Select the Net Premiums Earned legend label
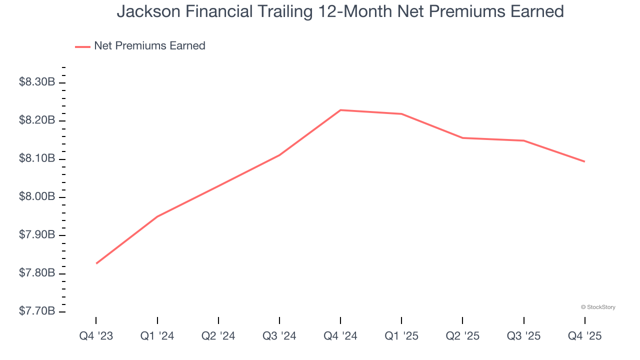[x=149, y=46]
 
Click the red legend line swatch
[x=82, y=46]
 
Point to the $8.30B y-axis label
[x=37, y=82]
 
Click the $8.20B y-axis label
[x=37, y=120]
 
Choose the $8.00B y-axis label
[x=37, y=196]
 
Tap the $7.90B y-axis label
[x=37, y=234]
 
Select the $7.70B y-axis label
[x=37, y=311]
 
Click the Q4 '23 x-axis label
[x=96, y=336]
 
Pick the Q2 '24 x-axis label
[x=218, y=336]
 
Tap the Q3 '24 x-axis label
[x=279, y=336]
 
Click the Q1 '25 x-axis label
[x=401, y=336]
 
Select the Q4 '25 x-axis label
[x=584, y=336]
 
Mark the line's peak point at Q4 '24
[x=340, y=110]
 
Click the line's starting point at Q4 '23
[x=96, y=263]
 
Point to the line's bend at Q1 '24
[x=157, y=216]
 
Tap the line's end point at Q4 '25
[x=584, y=161]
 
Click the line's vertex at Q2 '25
[x=462, y=138]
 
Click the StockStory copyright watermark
[x=598, y=307]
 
